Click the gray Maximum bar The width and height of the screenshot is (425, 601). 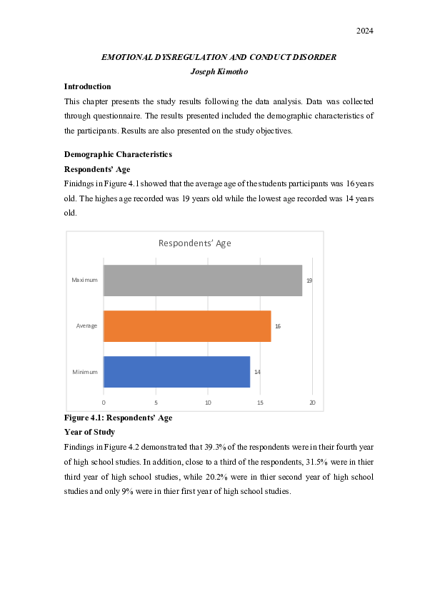tap(203, 280)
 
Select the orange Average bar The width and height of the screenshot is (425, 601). tap(187, 326)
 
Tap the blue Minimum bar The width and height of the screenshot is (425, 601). tap(176, 372)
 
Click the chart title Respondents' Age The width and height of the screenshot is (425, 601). tap(194, 243)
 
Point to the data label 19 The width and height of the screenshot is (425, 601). tap(309, 281)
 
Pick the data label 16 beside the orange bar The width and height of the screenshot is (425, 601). tap(277, 326)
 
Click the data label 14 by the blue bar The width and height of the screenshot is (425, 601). tap(256, 373)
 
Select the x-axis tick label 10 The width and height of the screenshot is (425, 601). tap(208, 403)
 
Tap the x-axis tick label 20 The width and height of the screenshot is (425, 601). tap(312, 403)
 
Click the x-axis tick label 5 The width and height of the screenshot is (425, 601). tap(156, 403)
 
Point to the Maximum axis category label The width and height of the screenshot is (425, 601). tap(84, 280)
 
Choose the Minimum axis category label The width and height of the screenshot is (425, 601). tap(85, 372)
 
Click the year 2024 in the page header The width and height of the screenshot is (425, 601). tap(364, 31)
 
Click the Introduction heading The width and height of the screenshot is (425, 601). tap(87, 86)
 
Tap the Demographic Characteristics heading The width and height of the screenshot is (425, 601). tap(118, 154)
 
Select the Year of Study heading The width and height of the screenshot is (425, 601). tap(90, 432)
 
